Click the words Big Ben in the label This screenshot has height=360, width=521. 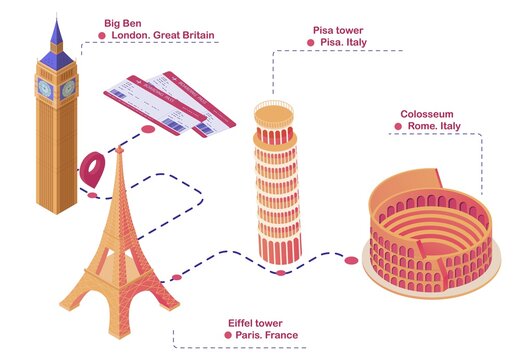122,21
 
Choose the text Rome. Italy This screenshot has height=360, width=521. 435,128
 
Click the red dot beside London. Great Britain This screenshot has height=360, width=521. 103,35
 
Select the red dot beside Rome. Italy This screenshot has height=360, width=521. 400,128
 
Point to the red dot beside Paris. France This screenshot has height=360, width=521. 229,335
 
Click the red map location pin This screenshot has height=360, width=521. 94,167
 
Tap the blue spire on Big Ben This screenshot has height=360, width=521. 56,34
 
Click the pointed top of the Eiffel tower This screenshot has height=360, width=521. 118,150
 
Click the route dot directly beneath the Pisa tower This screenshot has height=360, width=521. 281,272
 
